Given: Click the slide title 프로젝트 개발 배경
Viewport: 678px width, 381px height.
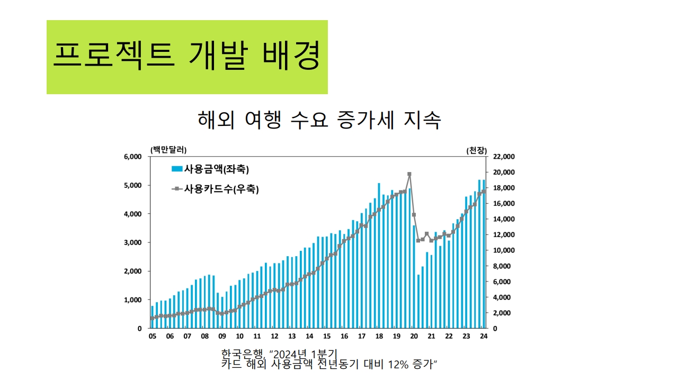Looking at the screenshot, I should [186, 57].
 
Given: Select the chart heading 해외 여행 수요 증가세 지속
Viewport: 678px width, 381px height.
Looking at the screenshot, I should [319, 120].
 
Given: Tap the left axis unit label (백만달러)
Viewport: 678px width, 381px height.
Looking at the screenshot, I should [168, 150].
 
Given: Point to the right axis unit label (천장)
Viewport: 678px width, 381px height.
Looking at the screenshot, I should [476, 150].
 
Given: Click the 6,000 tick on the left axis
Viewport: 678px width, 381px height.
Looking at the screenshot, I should [132, 157].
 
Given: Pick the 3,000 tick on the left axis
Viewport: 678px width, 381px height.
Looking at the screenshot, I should [132, 242].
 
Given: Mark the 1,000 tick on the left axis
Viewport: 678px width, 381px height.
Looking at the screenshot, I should [132, 300].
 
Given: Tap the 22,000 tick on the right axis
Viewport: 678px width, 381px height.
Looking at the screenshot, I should [503, 157].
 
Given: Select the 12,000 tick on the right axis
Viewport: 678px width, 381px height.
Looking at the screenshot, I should [503, 234].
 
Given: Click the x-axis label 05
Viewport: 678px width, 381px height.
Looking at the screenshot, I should [153, 337].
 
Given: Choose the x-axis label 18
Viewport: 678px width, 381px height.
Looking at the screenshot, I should [379, 337].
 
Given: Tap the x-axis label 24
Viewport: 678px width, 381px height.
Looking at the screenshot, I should [483, 337].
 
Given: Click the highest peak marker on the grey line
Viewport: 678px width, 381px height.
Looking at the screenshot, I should [409, 174].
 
